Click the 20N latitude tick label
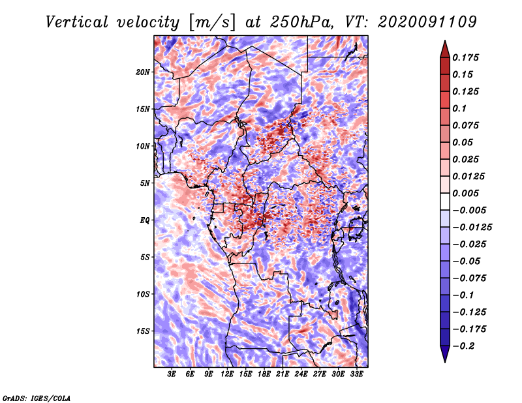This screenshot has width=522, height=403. [143, 72]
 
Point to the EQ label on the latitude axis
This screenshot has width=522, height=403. [144, 220]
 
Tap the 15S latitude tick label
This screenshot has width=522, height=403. [143, 331]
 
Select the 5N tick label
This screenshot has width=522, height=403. [145, 183]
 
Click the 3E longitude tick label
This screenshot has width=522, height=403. [172, 374]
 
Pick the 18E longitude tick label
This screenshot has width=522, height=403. [264, 374]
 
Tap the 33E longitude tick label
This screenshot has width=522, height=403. [356, 374]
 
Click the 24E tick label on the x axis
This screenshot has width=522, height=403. [301, 374]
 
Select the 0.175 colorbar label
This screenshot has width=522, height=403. [465, 57]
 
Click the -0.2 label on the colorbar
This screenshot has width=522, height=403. [463, 346]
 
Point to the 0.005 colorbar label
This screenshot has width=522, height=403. [465, 193]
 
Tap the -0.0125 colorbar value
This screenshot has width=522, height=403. [472, 228]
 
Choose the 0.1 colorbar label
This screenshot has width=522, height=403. [459, 108]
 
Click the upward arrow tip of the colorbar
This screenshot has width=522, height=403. [445, 40]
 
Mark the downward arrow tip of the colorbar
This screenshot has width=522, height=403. [445, 362]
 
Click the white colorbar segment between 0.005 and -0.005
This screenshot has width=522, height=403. [445, 201]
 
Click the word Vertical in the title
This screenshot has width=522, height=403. [77, 22]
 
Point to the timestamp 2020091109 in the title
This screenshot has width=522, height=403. [427, 22]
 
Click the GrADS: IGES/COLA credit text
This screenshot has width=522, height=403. [37, 398]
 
